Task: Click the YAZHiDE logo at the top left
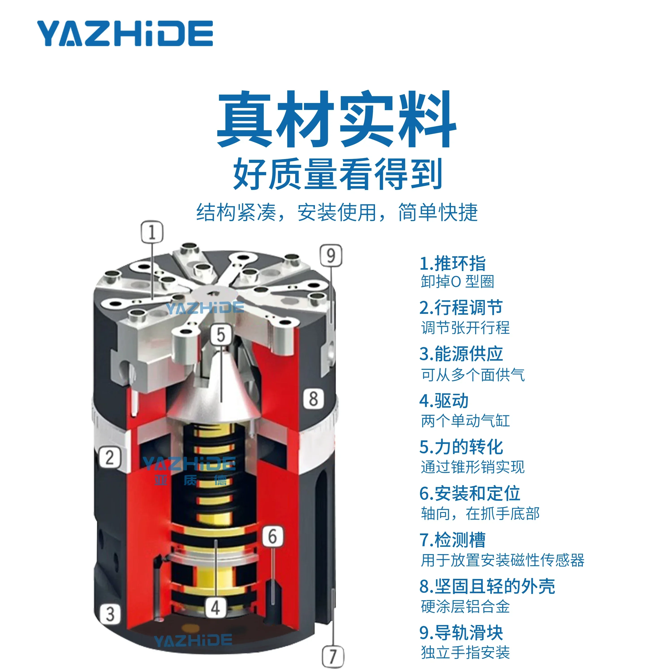(x=125, y=33)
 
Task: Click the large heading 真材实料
(x=336, y=119)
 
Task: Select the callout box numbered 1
(x=152, y=232)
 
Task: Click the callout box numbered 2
(x=110, y=458)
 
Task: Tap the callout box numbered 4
(x=216, y=608)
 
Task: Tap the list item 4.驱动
(x=444, y=401)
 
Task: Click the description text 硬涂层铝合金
(x=465, y=607)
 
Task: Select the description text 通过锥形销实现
(x=473, y=467)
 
